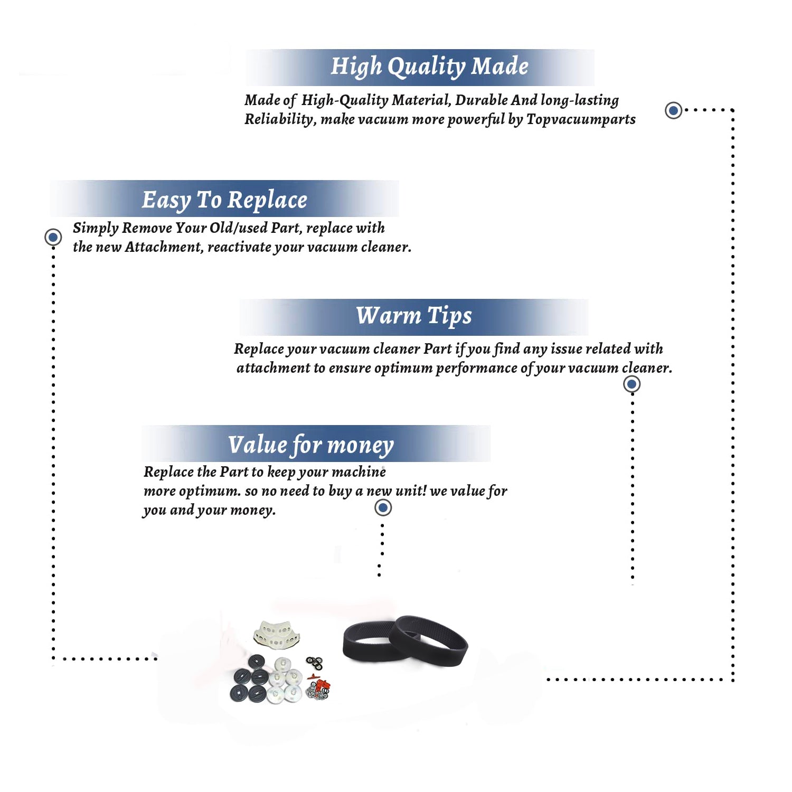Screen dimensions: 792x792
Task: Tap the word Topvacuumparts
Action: pos(581,120)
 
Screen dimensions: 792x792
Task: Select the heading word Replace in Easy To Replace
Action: pos(267,201)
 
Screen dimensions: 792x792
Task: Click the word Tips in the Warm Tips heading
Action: pos(449,316)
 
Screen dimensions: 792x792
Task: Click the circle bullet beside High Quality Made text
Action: pos(673,110)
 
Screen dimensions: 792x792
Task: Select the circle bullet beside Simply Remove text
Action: pos(53,237)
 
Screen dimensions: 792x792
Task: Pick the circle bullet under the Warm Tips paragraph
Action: pos(631,384)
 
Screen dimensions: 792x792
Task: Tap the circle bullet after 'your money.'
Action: pos(383,508)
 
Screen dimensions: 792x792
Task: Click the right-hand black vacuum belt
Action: pos(429,640)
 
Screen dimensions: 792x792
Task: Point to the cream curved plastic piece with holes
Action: pos(276,634)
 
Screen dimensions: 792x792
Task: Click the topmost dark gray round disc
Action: pos(257,662)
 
